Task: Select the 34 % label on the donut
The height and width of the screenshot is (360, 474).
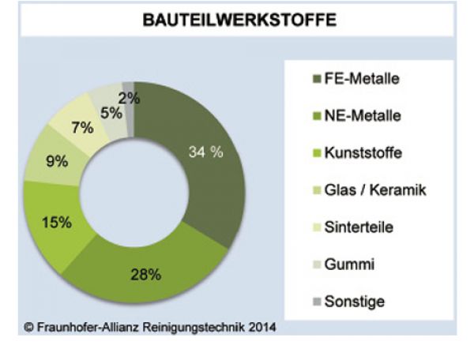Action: tap(205, 152)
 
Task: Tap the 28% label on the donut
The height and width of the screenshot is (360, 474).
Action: tap(146, 275)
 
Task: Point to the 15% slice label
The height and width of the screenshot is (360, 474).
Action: tap(56, 222)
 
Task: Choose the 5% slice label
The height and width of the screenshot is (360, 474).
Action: tap(111, 113)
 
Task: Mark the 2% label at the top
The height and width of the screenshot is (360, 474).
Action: tap(129, 99)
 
